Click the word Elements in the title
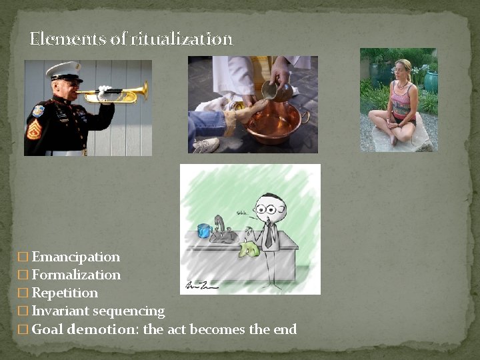click(x=68, y=39)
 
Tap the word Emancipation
click(x=76, y=257)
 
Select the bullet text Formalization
click(x=76, y=275)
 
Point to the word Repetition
click(x=65, y=293)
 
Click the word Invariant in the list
click(x=60, y=311)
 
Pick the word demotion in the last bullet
click(x=103, y=329)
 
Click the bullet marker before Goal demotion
click(x=23, y=329)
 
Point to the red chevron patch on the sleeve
click(x=33, y=129)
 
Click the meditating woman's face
click(x=402, y=68)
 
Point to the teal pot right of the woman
click(x=431, y=81)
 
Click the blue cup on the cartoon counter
click(x=204, y=231)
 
